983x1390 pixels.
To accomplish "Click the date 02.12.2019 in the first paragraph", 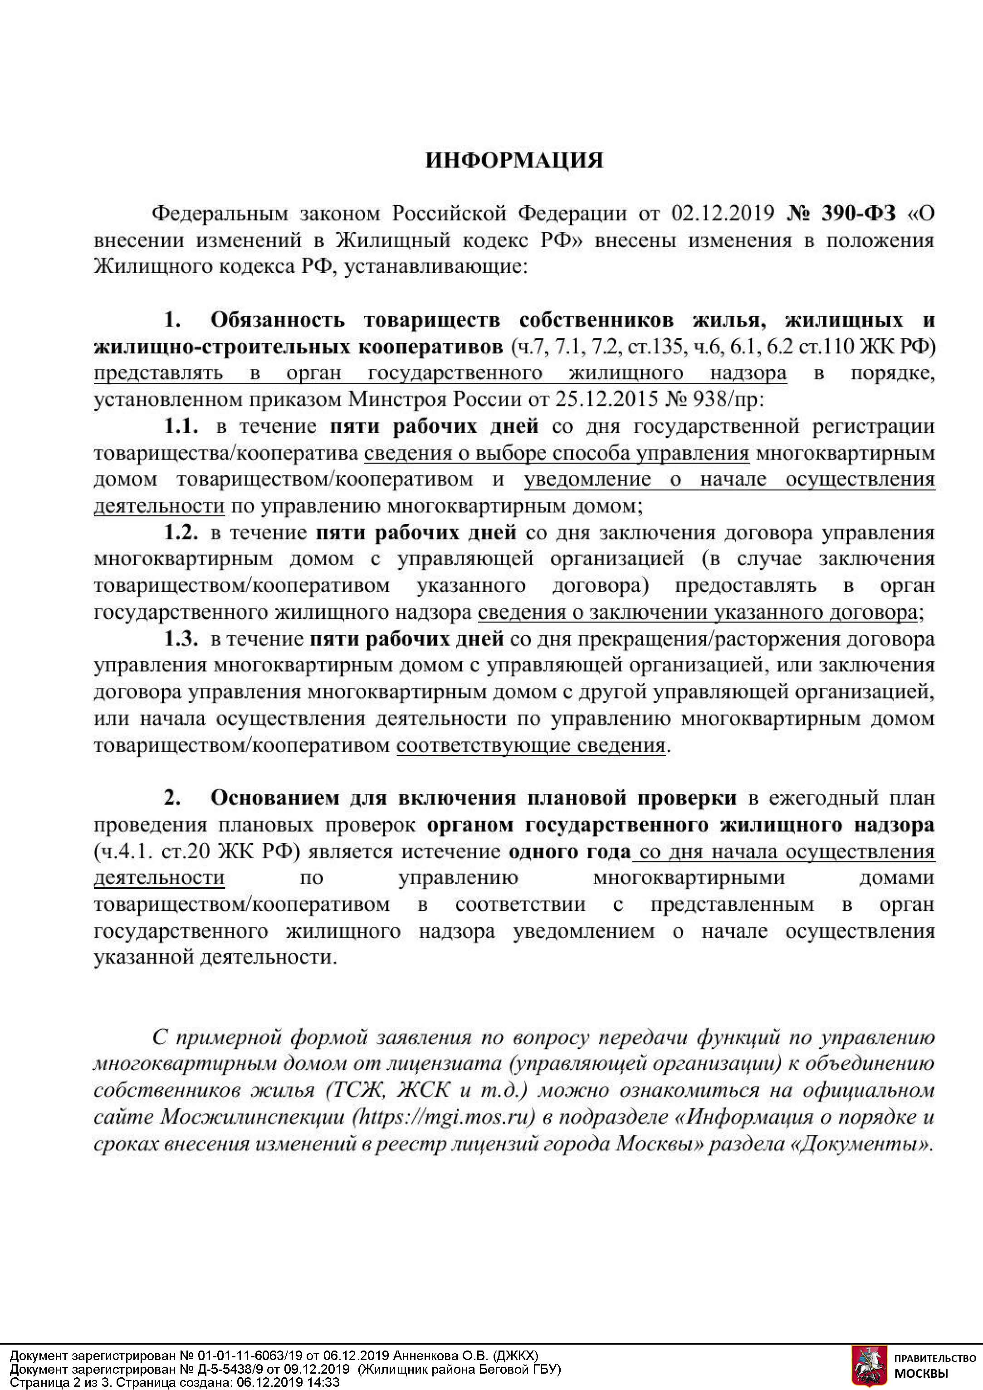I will pyautogui.click(x=723, y=214).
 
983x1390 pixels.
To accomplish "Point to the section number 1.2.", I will pyautogui.click(x=181, y=533).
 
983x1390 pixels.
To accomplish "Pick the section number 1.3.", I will pyautogui.click(x=181, y=639).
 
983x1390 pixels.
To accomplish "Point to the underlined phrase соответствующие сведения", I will pyautogui.click(x=531, y=745).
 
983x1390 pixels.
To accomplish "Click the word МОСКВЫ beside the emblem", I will pyautogui.click(x=921, y=1374).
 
